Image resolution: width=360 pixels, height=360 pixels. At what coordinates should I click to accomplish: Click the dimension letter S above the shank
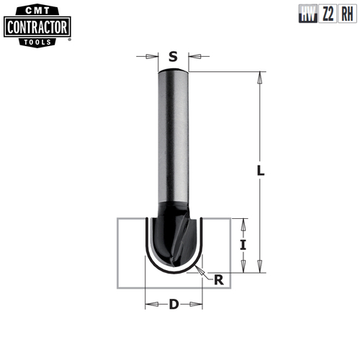click(173, 55)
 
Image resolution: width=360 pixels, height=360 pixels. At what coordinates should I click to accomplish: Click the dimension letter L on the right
click(261, 171)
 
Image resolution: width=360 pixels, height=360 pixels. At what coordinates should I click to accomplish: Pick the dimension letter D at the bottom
click(173, 304)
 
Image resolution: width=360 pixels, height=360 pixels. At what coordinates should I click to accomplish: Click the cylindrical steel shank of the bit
click(173, 137)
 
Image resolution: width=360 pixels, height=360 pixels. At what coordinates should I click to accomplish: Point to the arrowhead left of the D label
click(149, 305)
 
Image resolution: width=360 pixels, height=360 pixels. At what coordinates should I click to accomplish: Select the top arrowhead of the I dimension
click(243, 220)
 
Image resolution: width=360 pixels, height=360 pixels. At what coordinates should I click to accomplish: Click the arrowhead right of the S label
click(194, 55)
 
